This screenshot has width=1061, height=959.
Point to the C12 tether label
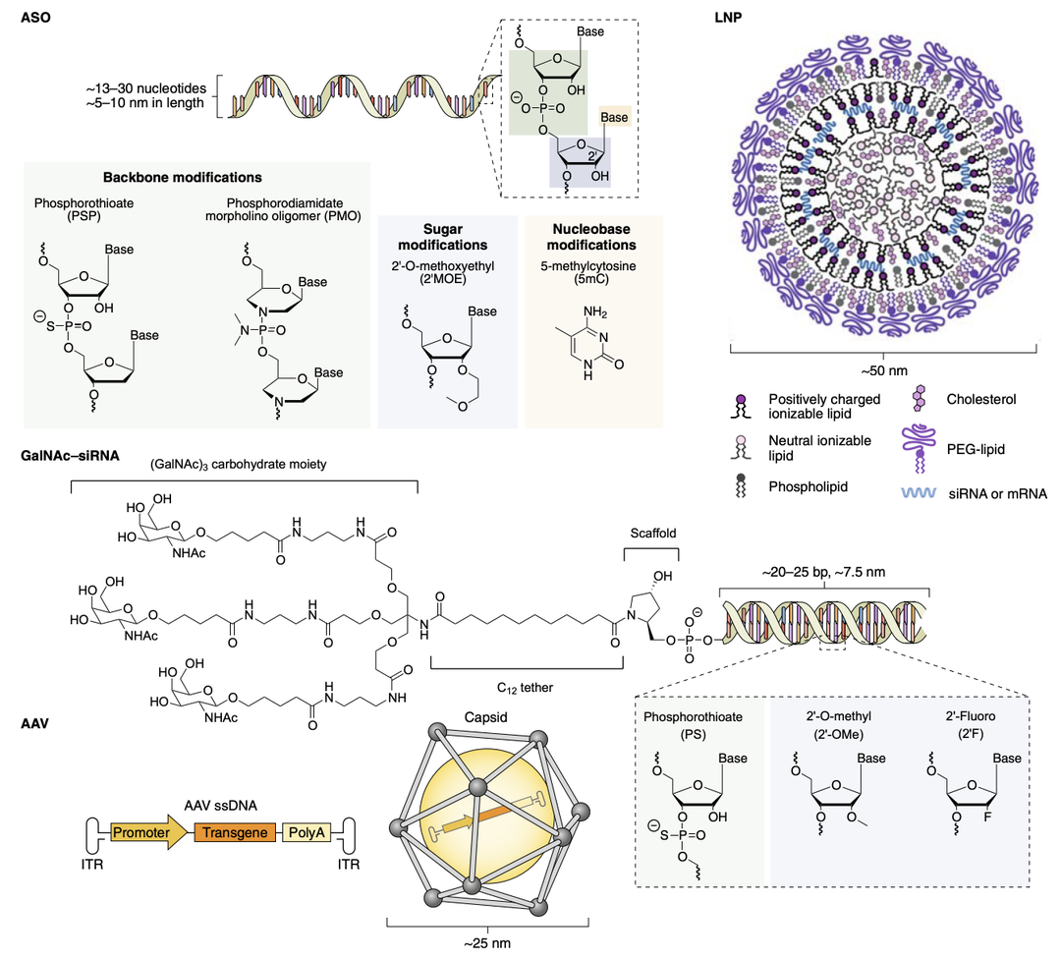(x=526, y=688)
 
